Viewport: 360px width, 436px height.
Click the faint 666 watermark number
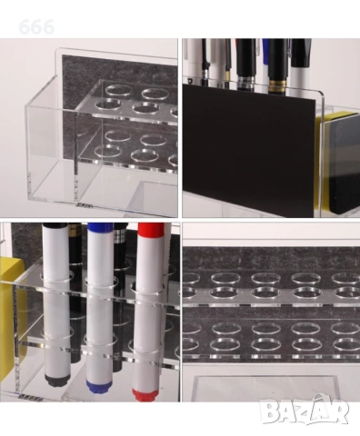tap(36, 27)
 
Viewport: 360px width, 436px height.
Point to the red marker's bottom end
tap(145, 393)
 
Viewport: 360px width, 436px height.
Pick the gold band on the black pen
tap(277, 84)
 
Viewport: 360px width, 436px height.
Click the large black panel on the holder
tap(248, 150)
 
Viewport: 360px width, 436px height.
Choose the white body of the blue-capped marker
tap(100, 309)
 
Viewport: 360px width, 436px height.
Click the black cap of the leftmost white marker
tap(55, 225)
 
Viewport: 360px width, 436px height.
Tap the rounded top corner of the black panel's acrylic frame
tap(319, 94)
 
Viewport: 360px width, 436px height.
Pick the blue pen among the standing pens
tap(265, 52)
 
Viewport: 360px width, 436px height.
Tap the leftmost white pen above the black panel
tap(193, 61)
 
